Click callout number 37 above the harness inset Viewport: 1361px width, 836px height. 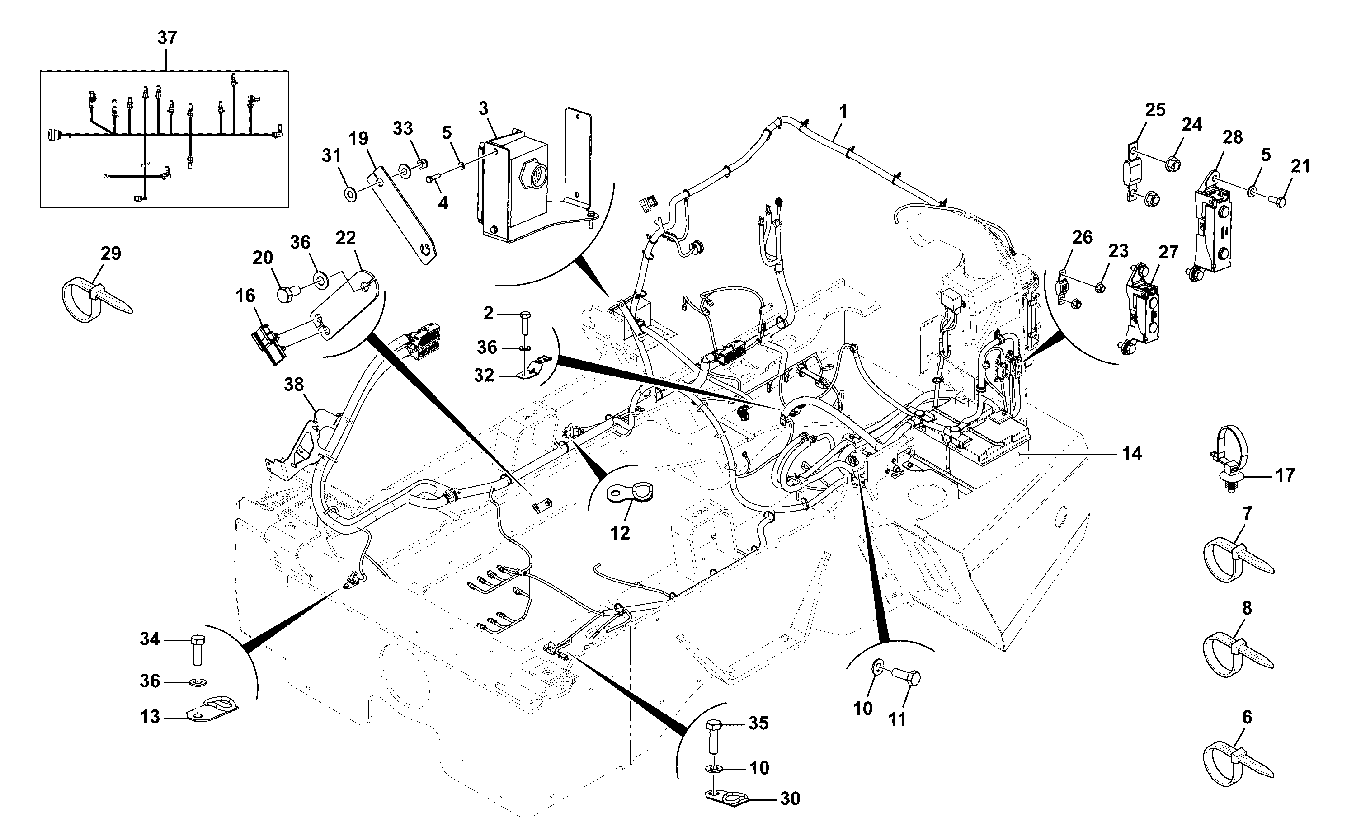[x=167, y=38]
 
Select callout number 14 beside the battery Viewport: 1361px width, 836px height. [x=1132, y=453]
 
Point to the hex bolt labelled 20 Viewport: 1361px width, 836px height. [x=289, y=291]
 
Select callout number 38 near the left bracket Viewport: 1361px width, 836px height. [x=294, y=384]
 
